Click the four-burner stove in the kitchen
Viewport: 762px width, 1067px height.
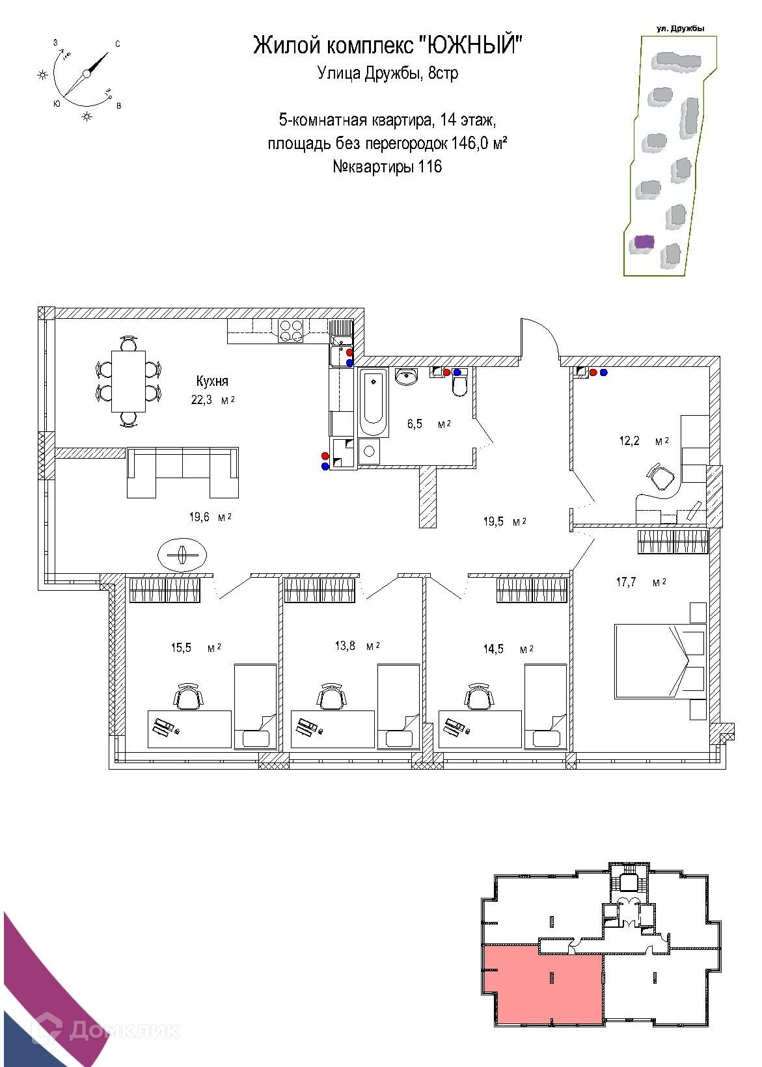(x=290, y=331)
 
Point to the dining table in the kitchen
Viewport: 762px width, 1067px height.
(x=128, y=381)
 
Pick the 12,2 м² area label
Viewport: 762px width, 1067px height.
(x=643, y=440)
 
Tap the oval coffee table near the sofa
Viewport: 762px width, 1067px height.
(x=182, y=555)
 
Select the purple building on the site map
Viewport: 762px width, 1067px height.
(x=643, y=241)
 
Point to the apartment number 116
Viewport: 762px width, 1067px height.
(x=429, y=167)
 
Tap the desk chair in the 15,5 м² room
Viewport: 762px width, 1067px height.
(x=188, y=697)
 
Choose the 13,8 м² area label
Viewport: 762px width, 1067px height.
(x=355, y=646)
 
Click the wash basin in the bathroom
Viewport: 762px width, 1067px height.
(x=407, y=377)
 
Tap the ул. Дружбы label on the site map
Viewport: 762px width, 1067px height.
(x=681, y=28)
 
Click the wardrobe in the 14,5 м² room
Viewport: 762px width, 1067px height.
(x=532, y=591)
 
